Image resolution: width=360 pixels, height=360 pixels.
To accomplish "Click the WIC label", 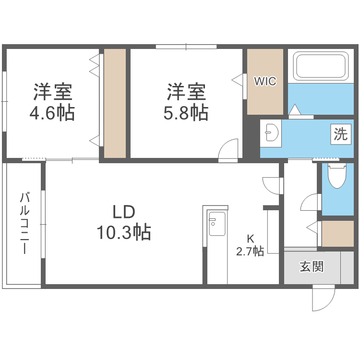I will (x=265, y=81).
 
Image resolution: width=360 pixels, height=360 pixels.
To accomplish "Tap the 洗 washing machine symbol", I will (x=340, y=134).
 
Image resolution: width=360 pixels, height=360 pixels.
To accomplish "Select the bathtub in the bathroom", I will (x=320, y=67).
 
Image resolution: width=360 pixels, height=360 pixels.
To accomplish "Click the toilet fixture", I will (x=337, y=175).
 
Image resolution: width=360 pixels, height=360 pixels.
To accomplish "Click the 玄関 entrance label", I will (x=312, y=266).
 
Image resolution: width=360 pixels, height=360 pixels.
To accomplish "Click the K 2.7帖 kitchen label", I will (x=250, y=245).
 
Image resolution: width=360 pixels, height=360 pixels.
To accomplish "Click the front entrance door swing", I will (x=323, y=298).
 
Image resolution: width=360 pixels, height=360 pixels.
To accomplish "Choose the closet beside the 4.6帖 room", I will (x=115, y=103).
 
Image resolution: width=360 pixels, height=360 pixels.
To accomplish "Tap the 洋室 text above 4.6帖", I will (x=52, y=92).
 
